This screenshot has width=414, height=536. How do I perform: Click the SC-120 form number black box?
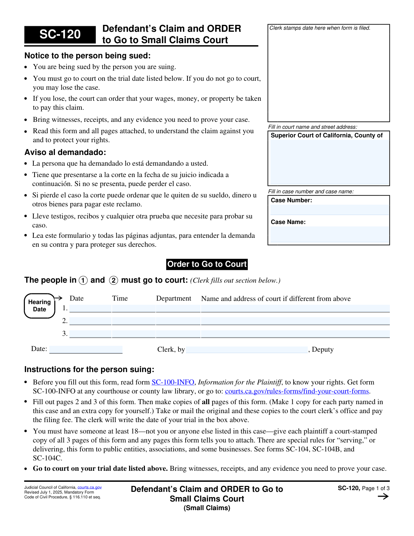[60, 35]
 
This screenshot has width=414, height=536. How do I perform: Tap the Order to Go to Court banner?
[207, 264]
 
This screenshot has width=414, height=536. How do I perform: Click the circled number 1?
[83, 280]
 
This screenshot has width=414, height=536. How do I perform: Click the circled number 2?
[114, 280]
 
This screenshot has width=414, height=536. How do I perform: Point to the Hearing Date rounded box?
[39, 306]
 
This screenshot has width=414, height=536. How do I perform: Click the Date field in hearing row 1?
[90, 309]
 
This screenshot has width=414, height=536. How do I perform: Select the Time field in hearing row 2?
[134, 321]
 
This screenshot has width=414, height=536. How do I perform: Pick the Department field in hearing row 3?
[178, 334]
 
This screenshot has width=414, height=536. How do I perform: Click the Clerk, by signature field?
[247, 350]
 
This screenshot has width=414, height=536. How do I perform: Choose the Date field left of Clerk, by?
[86, 349]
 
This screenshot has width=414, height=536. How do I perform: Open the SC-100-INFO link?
[173, 382]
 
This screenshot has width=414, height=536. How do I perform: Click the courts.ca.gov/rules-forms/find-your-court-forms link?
[297, 391]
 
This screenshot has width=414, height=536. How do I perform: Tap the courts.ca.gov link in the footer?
[89, 487]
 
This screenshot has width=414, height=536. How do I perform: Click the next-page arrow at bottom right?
[383, 497]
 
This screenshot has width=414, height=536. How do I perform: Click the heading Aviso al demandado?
[65, 152]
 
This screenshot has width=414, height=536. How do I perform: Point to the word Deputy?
[323, 349]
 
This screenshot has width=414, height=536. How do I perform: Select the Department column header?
[174, 299]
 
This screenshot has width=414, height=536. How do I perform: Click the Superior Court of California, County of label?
[326, 135]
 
